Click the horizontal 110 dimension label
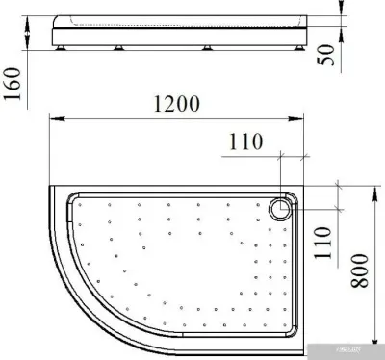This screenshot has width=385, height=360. tap(246, 142)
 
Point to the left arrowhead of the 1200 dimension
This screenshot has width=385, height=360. tap(54, 119)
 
